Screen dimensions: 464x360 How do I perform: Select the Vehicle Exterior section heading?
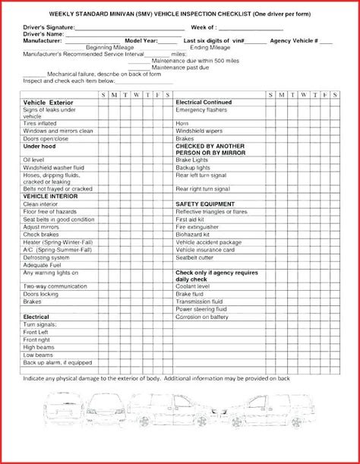click(x=48, y=101)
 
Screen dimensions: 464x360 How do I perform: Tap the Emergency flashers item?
click(x=201, y=110)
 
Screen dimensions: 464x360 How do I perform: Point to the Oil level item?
click(x=34, y=160)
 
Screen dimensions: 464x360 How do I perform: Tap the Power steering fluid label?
click(x=201, y=308)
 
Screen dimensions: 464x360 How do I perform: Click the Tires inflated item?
click(x=40, y=123)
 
